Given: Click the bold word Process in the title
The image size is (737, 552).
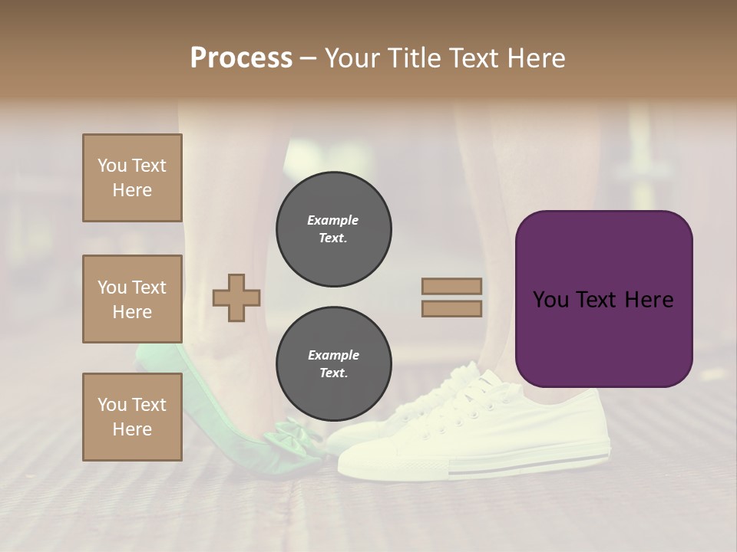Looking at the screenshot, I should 241,58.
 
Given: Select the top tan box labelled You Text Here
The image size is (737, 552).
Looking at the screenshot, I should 132,178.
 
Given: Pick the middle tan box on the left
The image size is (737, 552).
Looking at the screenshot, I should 132,299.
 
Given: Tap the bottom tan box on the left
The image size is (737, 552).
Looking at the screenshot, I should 132,416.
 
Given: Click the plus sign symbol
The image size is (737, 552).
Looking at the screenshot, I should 236,297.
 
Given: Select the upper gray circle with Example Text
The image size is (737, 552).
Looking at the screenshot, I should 333,228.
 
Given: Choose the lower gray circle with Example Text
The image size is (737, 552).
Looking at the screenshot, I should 333,363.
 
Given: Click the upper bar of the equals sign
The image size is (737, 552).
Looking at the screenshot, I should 451,286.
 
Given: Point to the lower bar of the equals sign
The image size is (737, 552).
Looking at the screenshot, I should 451,308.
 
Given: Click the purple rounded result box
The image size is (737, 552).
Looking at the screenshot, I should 603,299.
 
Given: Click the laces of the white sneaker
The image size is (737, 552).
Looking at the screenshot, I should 461,399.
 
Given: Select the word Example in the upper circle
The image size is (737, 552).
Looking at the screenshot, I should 333,220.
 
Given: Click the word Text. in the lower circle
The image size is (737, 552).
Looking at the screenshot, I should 333,373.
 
